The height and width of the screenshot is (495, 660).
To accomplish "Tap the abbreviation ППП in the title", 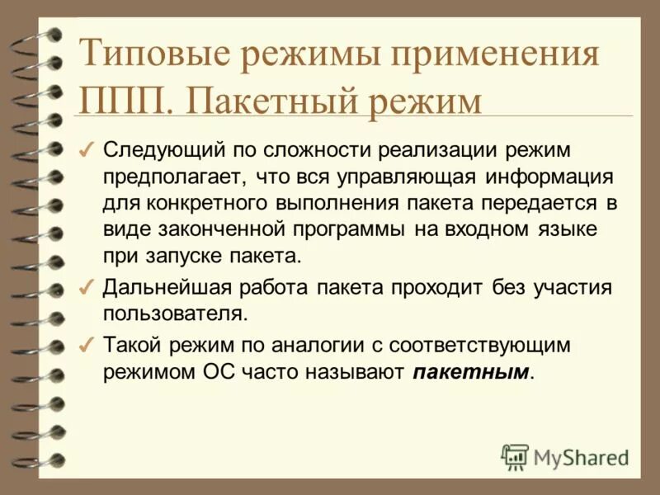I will (122, 101).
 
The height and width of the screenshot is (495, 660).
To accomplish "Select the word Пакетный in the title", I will (262, 101).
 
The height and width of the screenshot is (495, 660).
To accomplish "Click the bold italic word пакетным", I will (469, 371).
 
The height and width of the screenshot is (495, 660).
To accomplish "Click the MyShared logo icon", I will (515, 455).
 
